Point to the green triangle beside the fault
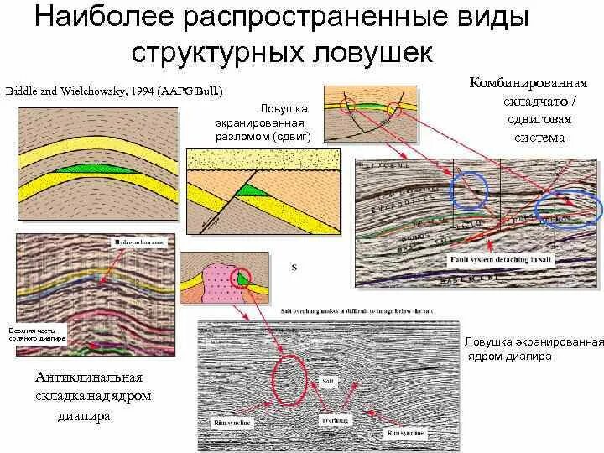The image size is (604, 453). (x=248, y=191)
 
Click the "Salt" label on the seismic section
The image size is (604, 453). (x=329, y=381)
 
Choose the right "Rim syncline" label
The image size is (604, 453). (x=406, y=433)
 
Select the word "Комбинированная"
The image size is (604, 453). (x=528, y=84)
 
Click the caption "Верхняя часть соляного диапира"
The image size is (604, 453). (x=32, y=334)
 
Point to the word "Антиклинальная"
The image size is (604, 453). (x=88, y=377)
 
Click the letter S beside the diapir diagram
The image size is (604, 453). (x=294, y=268)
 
